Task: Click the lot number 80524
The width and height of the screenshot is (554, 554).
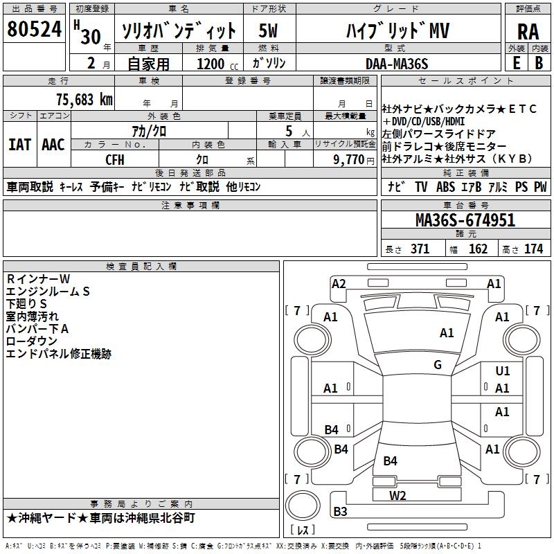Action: [x=34, y=30]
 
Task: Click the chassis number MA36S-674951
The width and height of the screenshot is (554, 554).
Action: [x=465, y=220]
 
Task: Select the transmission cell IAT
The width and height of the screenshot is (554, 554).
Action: [x=19, y=145]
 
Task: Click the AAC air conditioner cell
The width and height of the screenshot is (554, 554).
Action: [x=53, y=145]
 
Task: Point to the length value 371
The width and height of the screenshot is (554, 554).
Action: [x=419, y=249]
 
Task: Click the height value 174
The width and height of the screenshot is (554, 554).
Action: [x=533, y=249]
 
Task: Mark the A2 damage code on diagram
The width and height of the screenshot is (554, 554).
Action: [x=339, y=283]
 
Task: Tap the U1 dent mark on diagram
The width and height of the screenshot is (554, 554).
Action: [x=503, y=371]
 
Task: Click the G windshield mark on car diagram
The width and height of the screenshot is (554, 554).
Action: [x=438, y=365]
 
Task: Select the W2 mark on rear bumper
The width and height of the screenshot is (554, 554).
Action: [x=397, y=495]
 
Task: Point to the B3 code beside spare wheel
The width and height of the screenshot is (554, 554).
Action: [x=341, y=512]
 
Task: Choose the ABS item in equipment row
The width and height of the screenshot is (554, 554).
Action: [x=445, y=187]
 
